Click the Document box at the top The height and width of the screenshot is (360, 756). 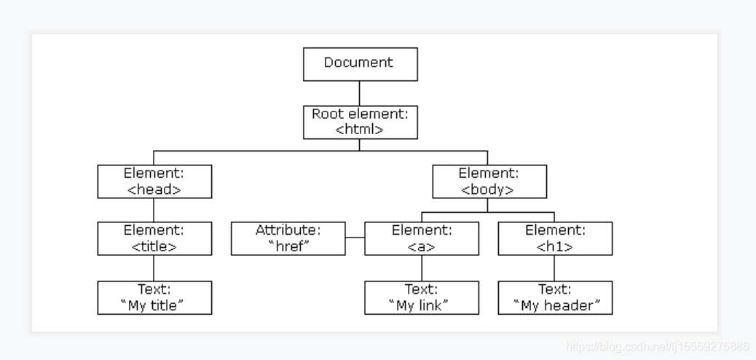(360, 64)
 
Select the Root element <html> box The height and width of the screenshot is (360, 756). (360, 122)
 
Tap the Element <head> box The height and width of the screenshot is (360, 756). (154, 181)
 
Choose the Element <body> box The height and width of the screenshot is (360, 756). (489, 181)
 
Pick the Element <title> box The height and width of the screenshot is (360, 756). (154, 239)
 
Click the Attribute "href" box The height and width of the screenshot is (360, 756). (288, 239)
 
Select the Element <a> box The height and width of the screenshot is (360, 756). (422, 239)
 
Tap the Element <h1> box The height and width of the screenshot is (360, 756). (555, 239)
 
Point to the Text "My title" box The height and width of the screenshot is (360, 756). (154, 297)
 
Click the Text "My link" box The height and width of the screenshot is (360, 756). (422, 297)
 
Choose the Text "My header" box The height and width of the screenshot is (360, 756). (555, 297)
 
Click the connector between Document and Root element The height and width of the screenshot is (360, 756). (360, 93)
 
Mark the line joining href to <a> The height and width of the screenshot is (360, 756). (355, 238)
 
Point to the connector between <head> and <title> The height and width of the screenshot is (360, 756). (154, 210)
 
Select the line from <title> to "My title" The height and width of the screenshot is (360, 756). (154, 268)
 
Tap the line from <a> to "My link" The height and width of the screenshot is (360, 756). (422, 268)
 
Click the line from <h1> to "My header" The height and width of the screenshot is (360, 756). (555, 268)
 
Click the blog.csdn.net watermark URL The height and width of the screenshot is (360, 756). (657, 346)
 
